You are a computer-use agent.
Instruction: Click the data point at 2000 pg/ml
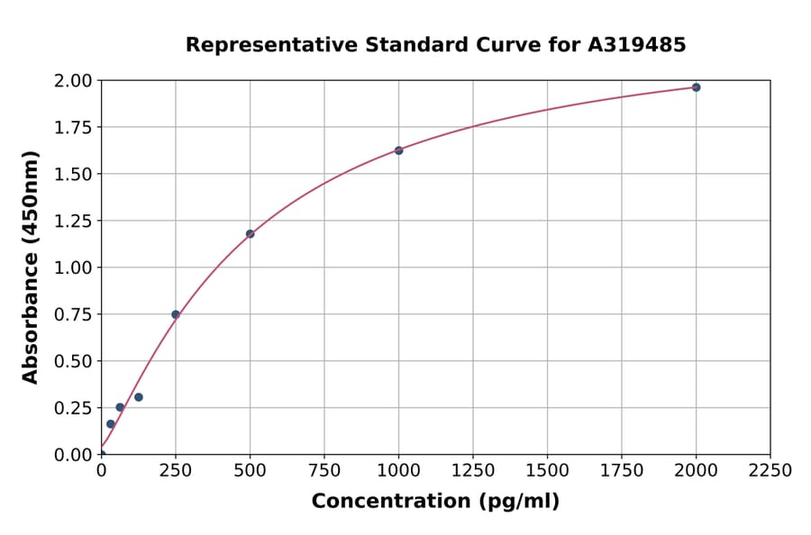pyautogui.click(x=696, y=87)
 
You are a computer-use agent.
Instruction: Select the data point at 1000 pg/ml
pyautogui.click(x=398, y=150)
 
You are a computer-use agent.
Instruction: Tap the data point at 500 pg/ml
pyautogui.click(x=250, y=234)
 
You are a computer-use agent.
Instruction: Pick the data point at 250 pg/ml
pyautogui.click(x=176, y=314)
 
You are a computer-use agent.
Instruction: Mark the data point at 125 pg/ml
pyautogui.click(x=139, y=397)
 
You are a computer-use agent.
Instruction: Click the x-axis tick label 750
pyautogui.click(x=324, y=471)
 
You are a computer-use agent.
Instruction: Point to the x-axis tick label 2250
pyautogui.click(x=770, y=471)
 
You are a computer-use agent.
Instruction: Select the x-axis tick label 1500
pyautogui.click(x=547, y=471)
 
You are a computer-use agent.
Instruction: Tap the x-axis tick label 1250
pyautogui.click(x=473, y=471)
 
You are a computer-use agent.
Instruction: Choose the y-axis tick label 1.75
pyautogui.click(x=73, y=128)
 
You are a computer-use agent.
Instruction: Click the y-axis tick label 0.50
pyautogui.click(x=73, y=361)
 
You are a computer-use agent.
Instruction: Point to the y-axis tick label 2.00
pyautogui.click(x=73, y=81)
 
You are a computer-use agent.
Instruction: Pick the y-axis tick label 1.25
pyautogui.click(x=73, y=221)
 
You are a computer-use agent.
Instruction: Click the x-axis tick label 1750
pyautogui.click(x=622, y=471)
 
